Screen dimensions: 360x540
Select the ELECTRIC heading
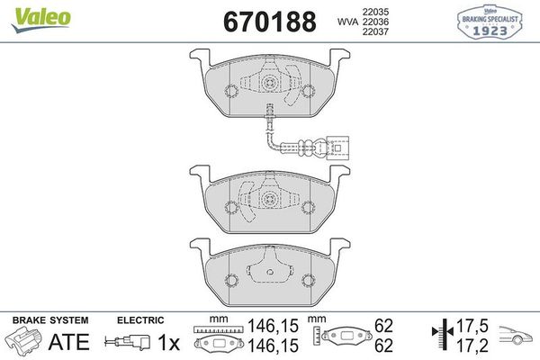(139, 320)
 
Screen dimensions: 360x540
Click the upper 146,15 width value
(264, 330)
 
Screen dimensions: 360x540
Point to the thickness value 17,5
(467, 330)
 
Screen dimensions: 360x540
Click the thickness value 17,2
(467, 346)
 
